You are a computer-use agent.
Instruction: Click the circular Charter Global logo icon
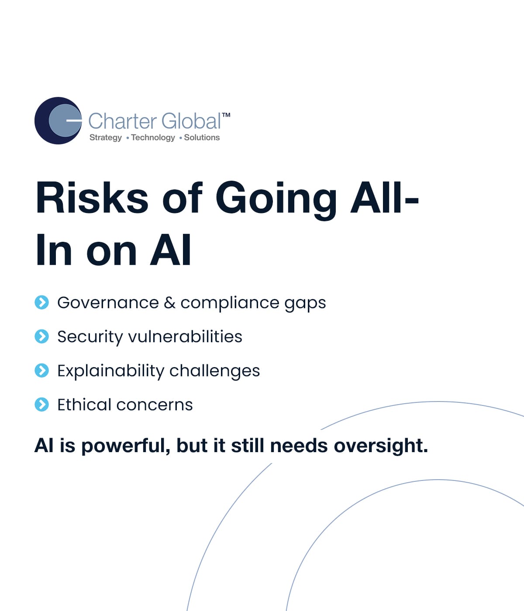click(58, 120)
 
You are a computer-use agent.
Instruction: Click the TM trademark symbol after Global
click(226, 115)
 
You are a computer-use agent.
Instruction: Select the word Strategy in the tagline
click(106, 138)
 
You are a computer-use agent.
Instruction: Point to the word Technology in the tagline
click(153, 138)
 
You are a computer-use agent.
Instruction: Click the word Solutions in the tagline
click(202, 137)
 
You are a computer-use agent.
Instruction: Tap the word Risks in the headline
click(92, 197)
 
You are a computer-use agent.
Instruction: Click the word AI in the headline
click(171, 250)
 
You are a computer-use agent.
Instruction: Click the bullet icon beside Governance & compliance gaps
click(41, 302)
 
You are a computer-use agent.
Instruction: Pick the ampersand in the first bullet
click(169, 303)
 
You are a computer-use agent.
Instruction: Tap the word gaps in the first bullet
click(305, 305)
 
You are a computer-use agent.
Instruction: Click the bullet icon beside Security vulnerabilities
click(41, 336)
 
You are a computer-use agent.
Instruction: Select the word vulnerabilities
click(185, 336)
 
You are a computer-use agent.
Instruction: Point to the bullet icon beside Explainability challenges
click(41, 371)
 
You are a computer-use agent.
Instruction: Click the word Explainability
click(111, 371)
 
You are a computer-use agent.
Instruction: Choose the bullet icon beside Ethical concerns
click(41, 405)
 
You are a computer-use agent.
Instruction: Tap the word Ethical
click(84, 405)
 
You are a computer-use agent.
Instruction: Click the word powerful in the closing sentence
click(126, 446)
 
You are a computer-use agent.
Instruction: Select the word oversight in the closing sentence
click(381, 446)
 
